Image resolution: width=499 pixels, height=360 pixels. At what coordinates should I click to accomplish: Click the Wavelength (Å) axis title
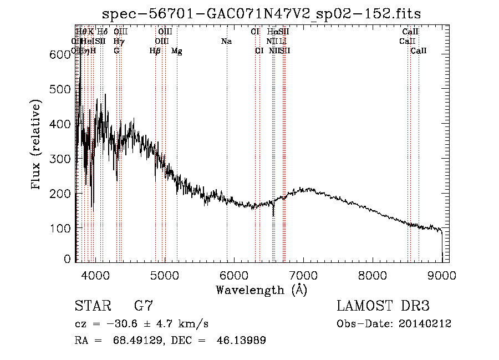pos(261,290)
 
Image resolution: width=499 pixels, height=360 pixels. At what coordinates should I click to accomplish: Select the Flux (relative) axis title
pos(37,146)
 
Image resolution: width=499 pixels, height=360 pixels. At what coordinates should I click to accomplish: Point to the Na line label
pos(226,42)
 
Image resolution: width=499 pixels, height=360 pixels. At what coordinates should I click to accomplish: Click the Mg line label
pos(176,51)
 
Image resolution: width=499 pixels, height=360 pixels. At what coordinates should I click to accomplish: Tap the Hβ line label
pos(155,51)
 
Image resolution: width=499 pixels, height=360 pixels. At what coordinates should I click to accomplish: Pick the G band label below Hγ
pos(116,51)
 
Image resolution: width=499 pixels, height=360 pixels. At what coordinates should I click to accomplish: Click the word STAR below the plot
pos(92,306)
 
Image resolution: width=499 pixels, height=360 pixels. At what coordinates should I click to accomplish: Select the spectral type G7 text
pos(143,306)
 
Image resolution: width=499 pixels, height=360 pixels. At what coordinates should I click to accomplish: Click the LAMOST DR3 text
pos(383,306)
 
